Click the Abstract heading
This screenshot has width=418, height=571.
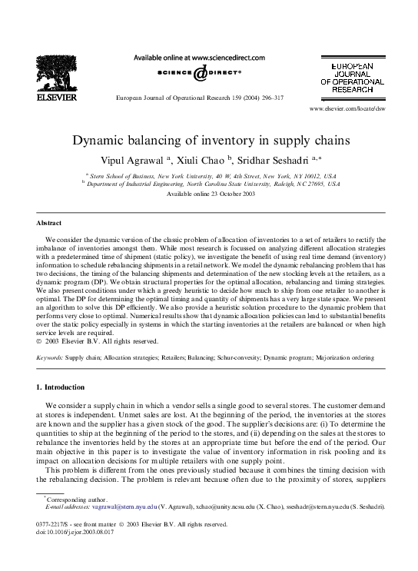point(49,222)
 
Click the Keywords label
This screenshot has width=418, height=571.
point(50,358)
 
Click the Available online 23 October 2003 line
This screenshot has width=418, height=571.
point(209,194)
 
